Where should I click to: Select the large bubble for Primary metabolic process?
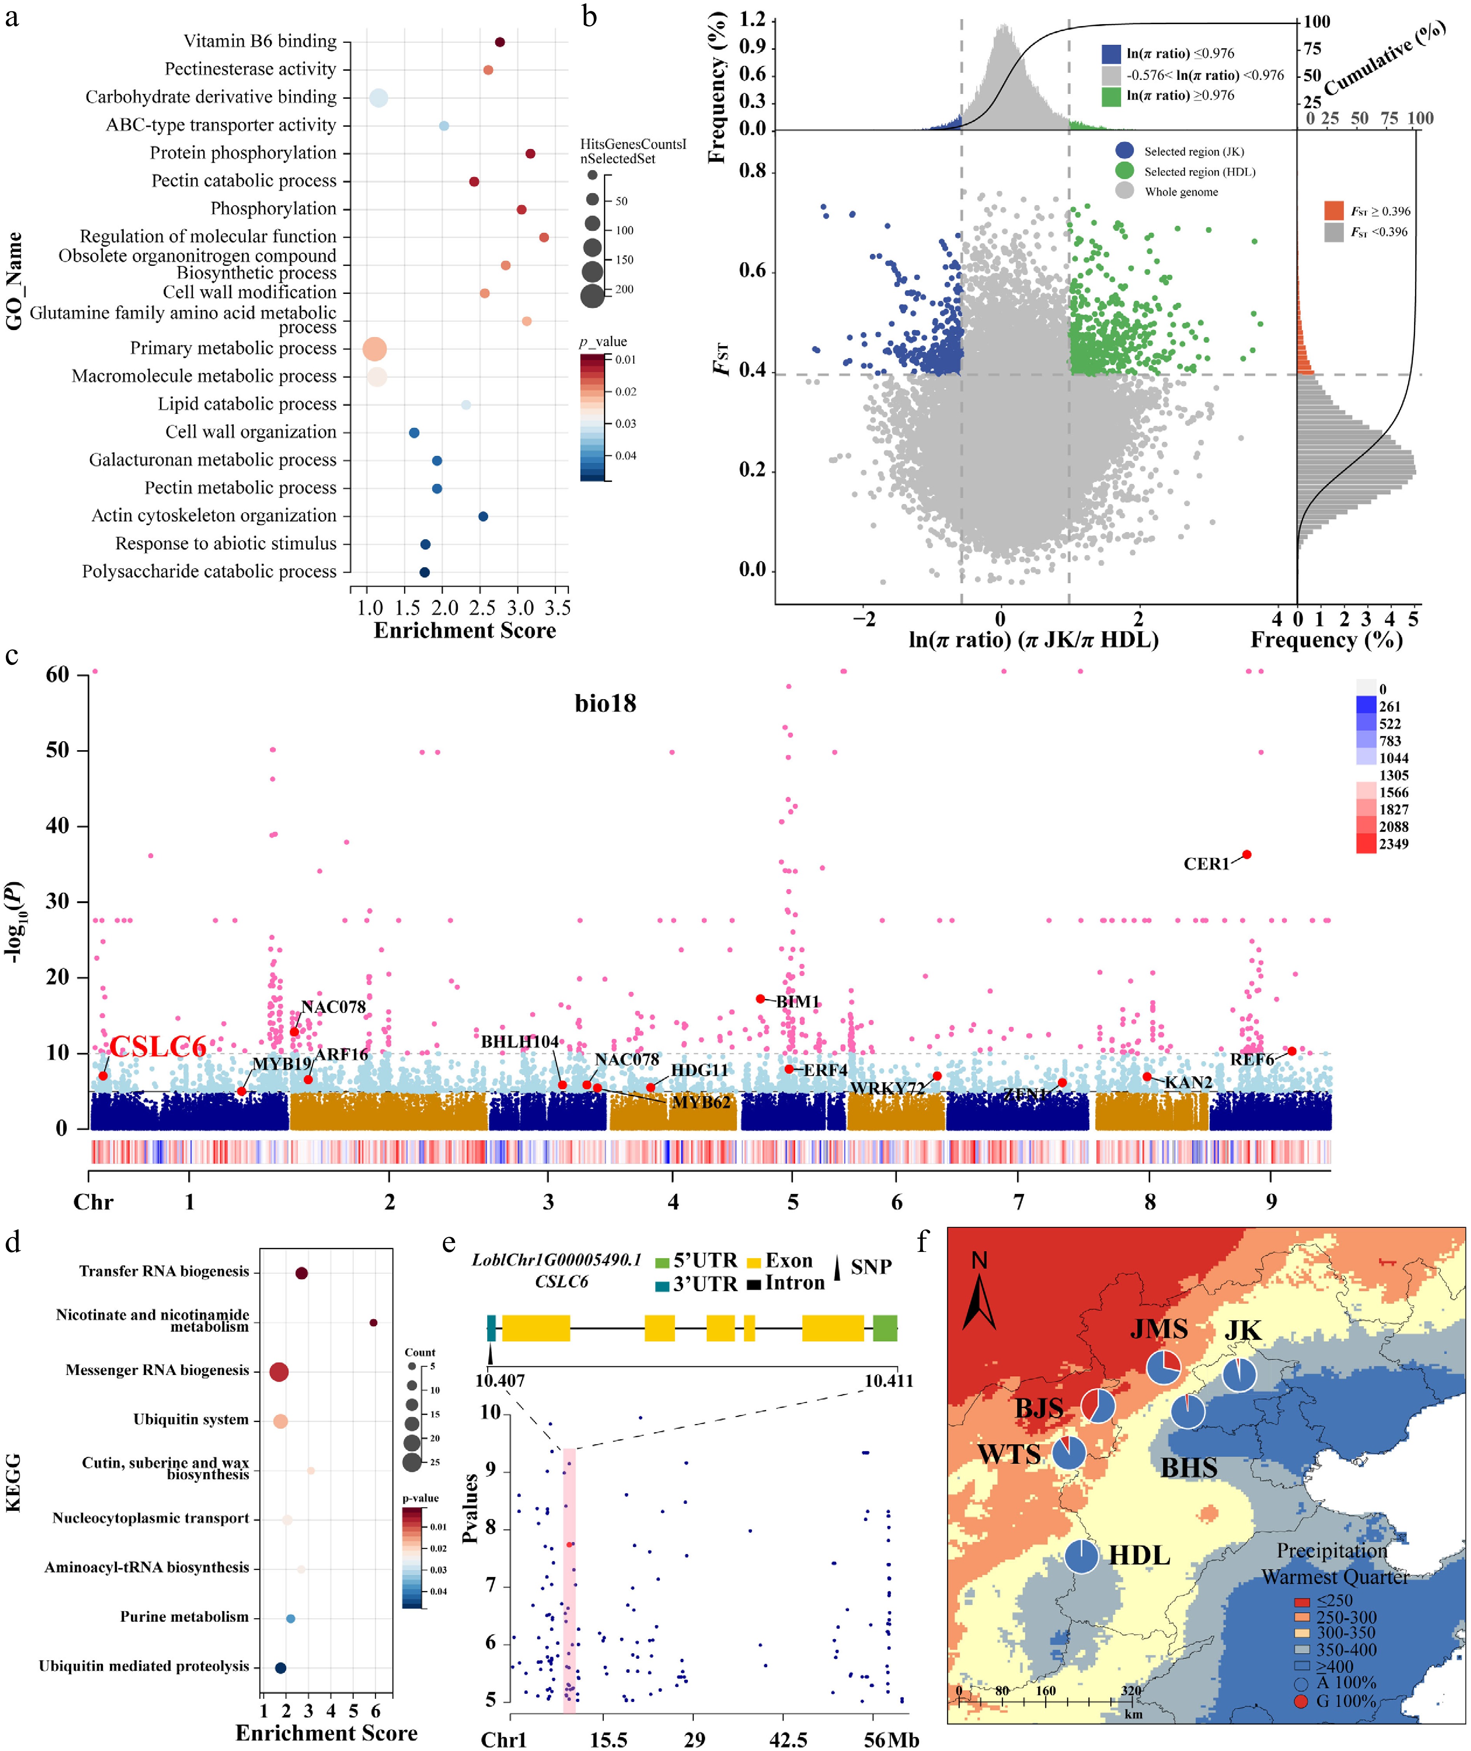tap(375, 349)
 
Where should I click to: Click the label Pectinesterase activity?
tap(250, 69)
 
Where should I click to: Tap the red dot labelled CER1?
tap(1247, 854)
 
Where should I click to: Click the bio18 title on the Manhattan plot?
tap(606, 703)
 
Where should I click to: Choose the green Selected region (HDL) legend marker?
tap(1124, 171)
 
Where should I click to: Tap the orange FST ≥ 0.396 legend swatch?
tap(1333, 210)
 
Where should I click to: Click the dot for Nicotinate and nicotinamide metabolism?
tap(374, 1322)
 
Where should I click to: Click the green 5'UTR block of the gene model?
tap(885, 1327)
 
